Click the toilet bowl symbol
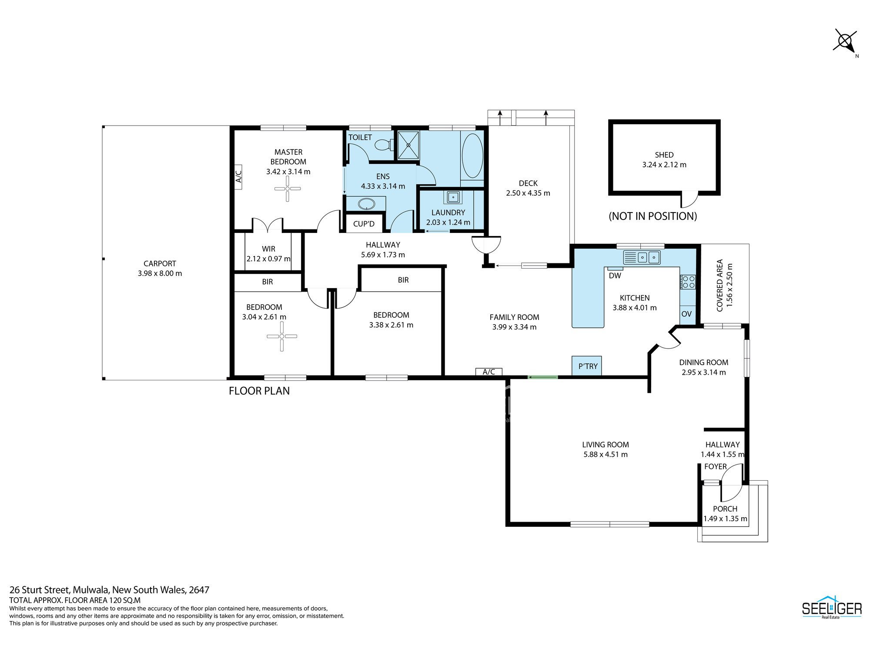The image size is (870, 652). (x=384, y=144)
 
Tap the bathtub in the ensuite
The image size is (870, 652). (x=472, y=156)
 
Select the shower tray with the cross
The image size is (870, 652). (x=408, y=145)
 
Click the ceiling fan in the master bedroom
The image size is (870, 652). (x=288, y=189)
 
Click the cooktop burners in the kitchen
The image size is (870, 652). (x=688, y=282)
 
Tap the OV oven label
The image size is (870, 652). (x=686, y=314)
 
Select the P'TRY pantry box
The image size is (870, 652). (x=587, y=366)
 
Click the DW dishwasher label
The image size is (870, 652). (x=615, y=276)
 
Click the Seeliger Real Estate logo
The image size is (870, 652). (x=832, y=607)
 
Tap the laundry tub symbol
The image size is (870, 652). (x=453, y=197)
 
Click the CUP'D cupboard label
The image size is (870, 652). (x=364, y=224)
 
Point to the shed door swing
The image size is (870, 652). (x=689, y=200)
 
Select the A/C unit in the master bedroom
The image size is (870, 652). (x=238, y=177)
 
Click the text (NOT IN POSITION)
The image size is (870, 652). (x=652, y=216)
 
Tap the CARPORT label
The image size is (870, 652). (x=160, y=263)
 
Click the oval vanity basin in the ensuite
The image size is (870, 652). (x=366, y=204)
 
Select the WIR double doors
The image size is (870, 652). (x=268, y=224)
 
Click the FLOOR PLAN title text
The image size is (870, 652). (x=259, y=391)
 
